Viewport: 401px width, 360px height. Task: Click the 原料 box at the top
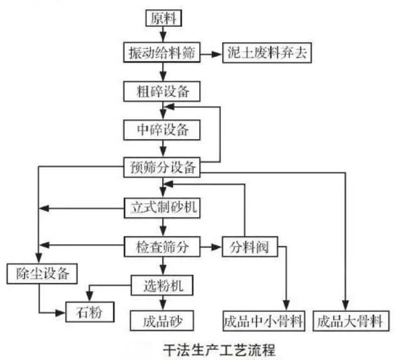click(165, 18)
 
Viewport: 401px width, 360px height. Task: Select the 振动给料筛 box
click(162, 54)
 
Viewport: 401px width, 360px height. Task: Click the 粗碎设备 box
click(162, 92)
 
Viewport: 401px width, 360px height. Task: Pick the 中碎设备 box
click(162, 130)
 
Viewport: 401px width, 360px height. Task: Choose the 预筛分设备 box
click(162, 167)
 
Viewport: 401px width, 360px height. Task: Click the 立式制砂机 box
click(162, 208)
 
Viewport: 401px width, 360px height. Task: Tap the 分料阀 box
click(249, 246)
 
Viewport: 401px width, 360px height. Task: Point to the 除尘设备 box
click(42, 273)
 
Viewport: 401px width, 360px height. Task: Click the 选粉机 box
click(162, 286)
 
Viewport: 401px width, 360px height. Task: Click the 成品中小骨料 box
click(264, 322)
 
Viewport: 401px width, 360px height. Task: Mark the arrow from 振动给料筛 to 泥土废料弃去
click(212, 54)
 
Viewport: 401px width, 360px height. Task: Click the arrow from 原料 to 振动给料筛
click(165, 35)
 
